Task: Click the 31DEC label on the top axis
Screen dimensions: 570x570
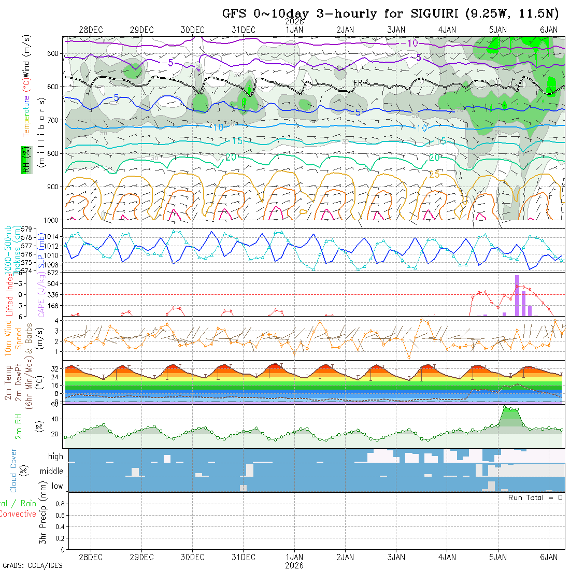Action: (244, 30)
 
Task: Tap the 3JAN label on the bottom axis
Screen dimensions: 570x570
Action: (396, 557)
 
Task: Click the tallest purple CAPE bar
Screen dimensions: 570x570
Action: (517, 295)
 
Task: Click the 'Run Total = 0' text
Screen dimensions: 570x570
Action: (535, 497)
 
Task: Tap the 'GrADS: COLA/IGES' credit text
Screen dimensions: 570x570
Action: (32, 565)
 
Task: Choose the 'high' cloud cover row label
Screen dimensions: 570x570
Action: (55, 457)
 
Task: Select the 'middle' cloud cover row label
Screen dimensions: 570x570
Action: (52, 472)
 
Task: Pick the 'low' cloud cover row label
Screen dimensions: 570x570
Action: (57, 486)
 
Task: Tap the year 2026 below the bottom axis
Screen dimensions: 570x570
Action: (294, 565)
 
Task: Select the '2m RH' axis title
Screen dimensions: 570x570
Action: (18, 426)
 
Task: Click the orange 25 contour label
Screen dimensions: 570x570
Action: (434, 175)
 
